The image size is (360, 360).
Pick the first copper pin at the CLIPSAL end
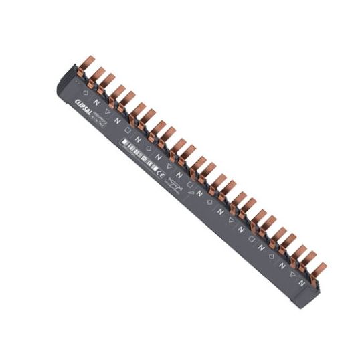[85, 66]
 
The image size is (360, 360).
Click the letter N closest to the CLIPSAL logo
[98, 102]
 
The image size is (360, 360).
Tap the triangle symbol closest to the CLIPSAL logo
[108, 112]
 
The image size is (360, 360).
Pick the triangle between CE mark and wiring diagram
[169, 167]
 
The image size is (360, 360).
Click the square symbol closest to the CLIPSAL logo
[128, 130]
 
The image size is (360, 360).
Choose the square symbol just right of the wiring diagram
[189, 184]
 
